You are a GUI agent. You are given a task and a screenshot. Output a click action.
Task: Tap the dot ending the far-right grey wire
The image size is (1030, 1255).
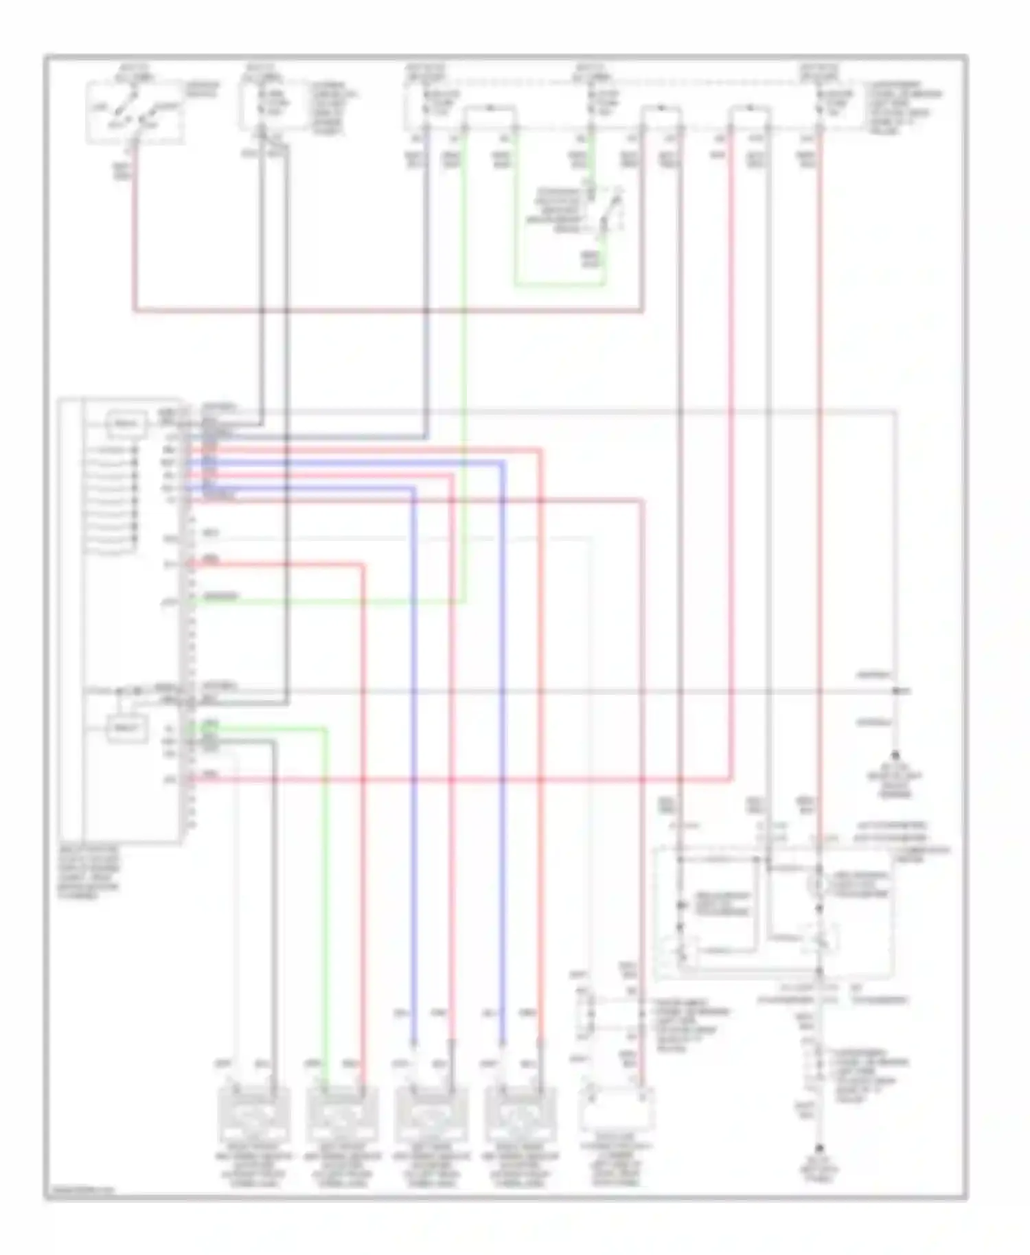click(x=895, y=754)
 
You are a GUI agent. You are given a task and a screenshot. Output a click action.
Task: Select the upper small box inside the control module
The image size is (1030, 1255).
click(x=127, y=424)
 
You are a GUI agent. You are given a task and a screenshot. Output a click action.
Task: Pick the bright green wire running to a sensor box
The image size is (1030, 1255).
click(x=324, y=893)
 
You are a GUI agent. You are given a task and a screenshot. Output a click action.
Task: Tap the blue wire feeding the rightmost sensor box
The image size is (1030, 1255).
click(x=503, y=755)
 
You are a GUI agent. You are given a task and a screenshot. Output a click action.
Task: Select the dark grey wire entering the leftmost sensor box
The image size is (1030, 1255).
click(x=274, y=893)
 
